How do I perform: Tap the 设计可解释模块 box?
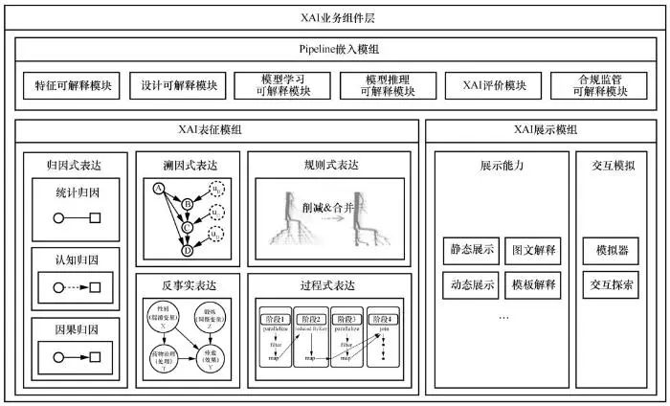(177, 85)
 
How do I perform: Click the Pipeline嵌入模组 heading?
(335, 49)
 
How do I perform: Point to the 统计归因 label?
(74, 192)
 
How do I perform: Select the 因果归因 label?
(74, 327)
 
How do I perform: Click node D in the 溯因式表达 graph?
(187, 251)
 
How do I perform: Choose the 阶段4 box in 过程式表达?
(384, 318)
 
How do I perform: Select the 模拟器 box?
(610, 250)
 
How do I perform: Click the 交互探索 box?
(610, 283)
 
